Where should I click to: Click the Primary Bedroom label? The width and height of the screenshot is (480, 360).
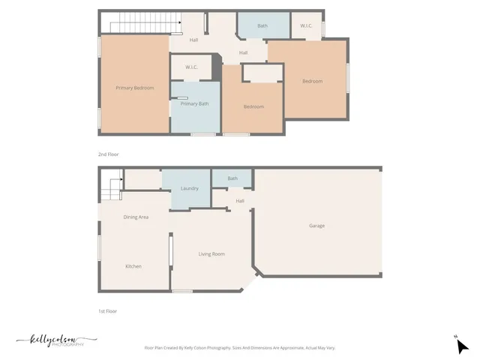click(135, 88)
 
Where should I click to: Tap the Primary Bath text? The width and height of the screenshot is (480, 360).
click(194, 103)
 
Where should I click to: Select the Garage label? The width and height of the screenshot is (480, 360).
click(316, 226)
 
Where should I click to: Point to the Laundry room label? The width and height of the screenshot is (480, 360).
click(189, 188)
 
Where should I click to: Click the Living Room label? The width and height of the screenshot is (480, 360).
click(211, 254)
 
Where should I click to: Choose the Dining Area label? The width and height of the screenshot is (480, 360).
click(136, 217)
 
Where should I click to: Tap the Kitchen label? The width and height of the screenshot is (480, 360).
click(133, 266)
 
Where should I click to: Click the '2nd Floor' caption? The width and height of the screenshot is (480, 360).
click(108, 154)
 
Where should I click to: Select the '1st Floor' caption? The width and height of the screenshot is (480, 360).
click(108, 310)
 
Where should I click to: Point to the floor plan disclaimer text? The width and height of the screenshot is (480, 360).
click(239, 348)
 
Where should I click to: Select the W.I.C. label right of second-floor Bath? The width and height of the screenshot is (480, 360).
click(306, 26)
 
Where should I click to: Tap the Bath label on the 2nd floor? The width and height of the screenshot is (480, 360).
click(262, 26)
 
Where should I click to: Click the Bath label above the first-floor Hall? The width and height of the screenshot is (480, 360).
click(232, 178)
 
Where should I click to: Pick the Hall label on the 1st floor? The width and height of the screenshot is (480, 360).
click(240, 201)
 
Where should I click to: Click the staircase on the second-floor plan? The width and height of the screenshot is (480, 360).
click(142, 26)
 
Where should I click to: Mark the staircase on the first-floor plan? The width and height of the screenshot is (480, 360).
click(112, 185)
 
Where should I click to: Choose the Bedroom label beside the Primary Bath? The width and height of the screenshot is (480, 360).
click(253, 106)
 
